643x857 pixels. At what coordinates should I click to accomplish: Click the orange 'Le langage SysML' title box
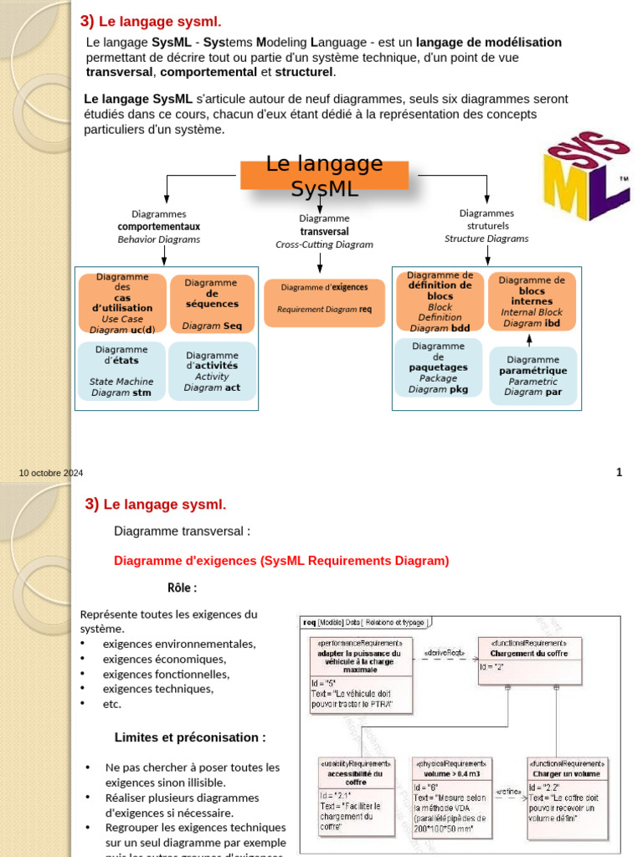pos(324,176)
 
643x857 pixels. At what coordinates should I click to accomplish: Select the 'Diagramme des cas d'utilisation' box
pos(122,303)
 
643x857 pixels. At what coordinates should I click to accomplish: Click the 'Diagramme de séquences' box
pos(212,304)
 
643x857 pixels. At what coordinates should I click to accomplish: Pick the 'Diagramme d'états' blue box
pos(121,370)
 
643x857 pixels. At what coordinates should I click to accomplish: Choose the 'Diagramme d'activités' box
pos(212,371)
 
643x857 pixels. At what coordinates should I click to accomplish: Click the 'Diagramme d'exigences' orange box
pos(324,302)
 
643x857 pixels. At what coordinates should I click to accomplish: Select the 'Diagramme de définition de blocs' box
pos(440,302)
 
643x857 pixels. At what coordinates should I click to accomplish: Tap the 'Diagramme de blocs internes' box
pos(532,301)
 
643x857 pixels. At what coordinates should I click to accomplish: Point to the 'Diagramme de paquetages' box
pos(439,367)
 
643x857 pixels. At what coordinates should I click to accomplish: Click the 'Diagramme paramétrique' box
pos(532,376)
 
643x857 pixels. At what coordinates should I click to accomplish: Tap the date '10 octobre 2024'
pos(52,474)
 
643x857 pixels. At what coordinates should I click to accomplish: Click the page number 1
pos(619,473)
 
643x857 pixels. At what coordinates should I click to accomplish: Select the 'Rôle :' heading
pos(182,588)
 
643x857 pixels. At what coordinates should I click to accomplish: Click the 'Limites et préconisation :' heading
pos(190,737)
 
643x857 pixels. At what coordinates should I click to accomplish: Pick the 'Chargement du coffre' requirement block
pos(529,660)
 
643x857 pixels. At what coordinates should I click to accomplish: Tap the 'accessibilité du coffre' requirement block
pos(355,795)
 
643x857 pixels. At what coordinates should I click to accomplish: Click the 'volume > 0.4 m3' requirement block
pos(452,795)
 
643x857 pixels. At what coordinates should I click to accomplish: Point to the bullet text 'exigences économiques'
pos(164,659)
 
